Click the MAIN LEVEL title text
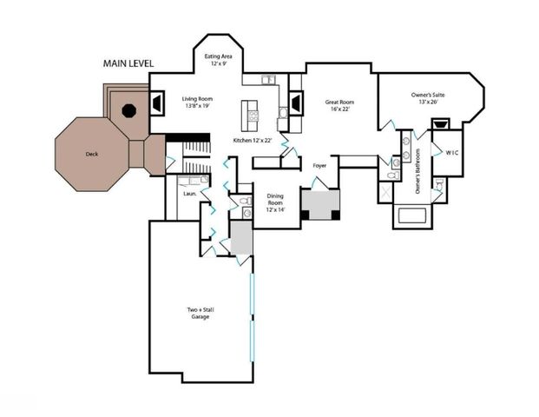[128, 63]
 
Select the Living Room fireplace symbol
[158, 103]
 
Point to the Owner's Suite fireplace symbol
[440, 123]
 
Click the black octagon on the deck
[128, 109]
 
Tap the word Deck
[91, 155]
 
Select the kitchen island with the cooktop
[253, 113]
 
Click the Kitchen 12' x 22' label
[253, 140]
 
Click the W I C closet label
[451, 153]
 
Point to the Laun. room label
[188, 194]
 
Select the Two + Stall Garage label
[199, 313]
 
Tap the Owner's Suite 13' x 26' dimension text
[425, 103]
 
